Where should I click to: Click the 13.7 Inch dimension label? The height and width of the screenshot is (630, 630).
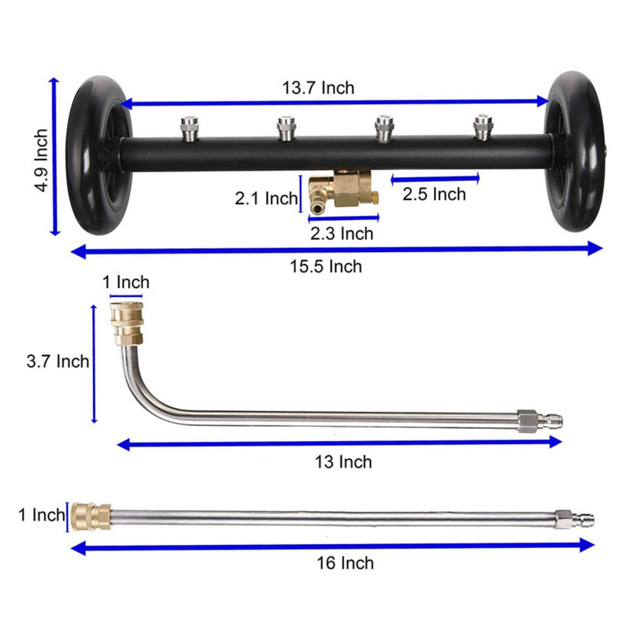click(x=318, y=87)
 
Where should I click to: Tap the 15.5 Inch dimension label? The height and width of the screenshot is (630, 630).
click(x=335, y=266)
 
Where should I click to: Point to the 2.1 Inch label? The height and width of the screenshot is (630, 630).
click(x=266, y=198)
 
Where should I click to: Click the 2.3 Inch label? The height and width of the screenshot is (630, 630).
click(x=340, y=233)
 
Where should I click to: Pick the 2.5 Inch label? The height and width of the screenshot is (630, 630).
click(x=435, y=194)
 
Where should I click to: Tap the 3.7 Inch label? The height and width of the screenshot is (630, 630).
click(x=57, y=361)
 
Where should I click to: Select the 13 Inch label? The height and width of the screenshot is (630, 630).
click(x=343, y=461)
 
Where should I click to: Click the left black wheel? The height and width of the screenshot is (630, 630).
click(x=96, y=153)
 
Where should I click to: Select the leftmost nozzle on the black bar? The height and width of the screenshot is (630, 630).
click(x=188, y=126)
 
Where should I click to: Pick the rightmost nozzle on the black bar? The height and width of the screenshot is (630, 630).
click(x=481, y=126)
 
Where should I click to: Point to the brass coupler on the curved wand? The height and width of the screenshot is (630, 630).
click(x=126, y=323)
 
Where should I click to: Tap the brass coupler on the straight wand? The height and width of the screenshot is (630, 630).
click(x=90, y=517)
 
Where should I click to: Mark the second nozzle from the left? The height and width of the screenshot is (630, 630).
click(x=286, y=126)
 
